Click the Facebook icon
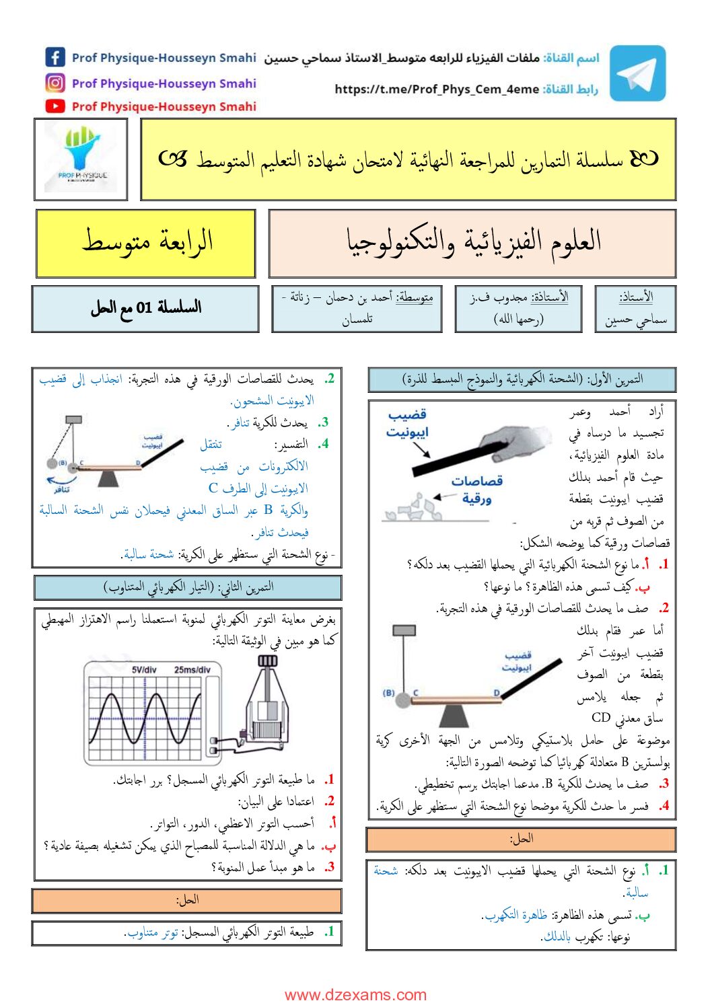55,57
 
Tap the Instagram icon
55,83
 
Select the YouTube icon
55,106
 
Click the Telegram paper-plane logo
637,73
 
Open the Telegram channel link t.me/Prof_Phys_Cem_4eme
437,89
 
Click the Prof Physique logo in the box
81,159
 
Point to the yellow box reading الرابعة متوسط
146,243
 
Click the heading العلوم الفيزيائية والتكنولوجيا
472,243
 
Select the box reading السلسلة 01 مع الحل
145,308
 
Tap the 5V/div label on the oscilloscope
144,670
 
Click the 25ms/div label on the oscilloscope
192,670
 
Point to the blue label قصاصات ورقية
476,489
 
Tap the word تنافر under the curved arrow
63,490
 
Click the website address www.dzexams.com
355,995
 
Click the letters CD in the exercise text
601,718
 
